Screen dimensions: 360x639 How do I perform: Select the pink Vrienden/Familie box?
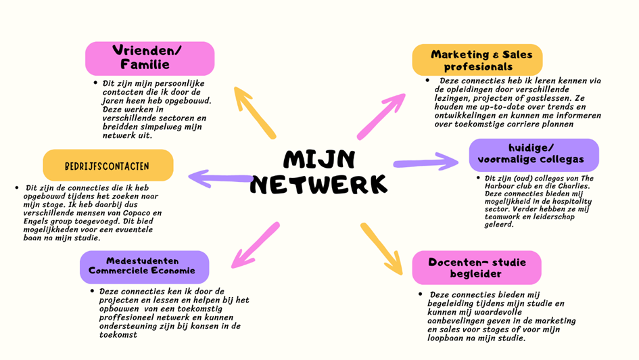pyautogui.click(x=149, y=58)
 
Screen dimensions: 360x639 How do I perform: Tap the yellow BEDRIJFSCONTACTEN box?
pyautogui.click(x=108, y=166)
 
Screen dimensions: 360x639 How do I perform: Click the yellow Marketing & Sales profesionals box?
pyautogui.click(x=477, y=60)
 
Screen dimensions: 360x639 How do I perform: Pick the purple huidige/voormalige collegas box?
pyautogui.click(x=534, y=154)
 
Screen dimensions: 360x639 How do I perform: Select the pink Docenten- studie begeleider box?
pyautogui.click(x=477, y=267)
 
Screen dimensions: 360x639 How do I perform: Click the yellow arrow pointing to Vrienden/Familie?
pyautogui.click(x=254, y=112)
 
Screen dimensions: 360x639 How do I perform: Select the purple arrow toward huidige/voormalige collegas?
pyautogui.click(x=427, y=162)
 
